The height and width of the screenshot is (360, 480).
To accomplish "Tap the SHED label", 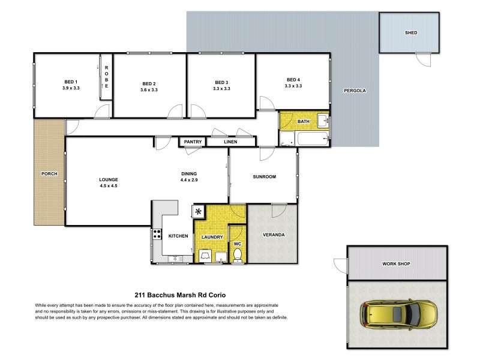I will click(x=410, y=33).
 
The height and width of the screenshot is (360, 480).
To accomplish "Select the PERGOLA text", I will click(x=354, y=91).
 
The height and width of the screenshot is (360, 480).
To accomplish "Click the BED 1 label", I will click(x=71, y=82).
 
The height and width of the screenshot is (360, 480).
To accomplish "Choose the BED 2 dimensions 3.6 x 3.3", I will click(x=149, y=90).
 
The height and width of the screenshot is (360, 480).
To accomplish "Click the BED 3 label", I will click(x=221, y=82).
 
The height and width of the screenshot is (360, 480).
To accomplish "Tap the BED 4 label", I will click(x=293, y=80).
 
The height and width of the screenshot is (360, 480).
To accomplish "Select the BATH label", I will click(x=303, y=122).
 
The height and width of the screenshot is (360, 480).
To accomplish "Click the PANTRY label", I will click(x=193, y=142).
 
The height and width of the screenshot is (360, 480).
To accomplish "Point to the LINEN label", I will click(x=230, y=142).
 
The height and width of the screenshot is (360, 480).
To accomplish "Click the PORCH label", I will click(x=49, y=174).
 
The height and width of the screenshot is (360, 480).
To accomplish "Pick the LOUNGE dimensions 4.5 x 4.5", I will click(x=109, y=186).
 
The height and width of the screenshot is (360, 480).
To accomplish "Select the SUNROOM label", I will click(x=264, y=177).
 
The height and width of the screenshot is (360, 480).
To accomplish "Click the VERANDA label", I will click(x=272, y=235).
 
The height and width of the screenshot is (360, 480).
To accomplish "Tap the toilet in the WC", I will click(x=238, y=256).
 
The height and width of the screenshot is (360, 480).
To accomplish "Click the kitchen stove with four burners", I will click(x=157, y=235).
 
